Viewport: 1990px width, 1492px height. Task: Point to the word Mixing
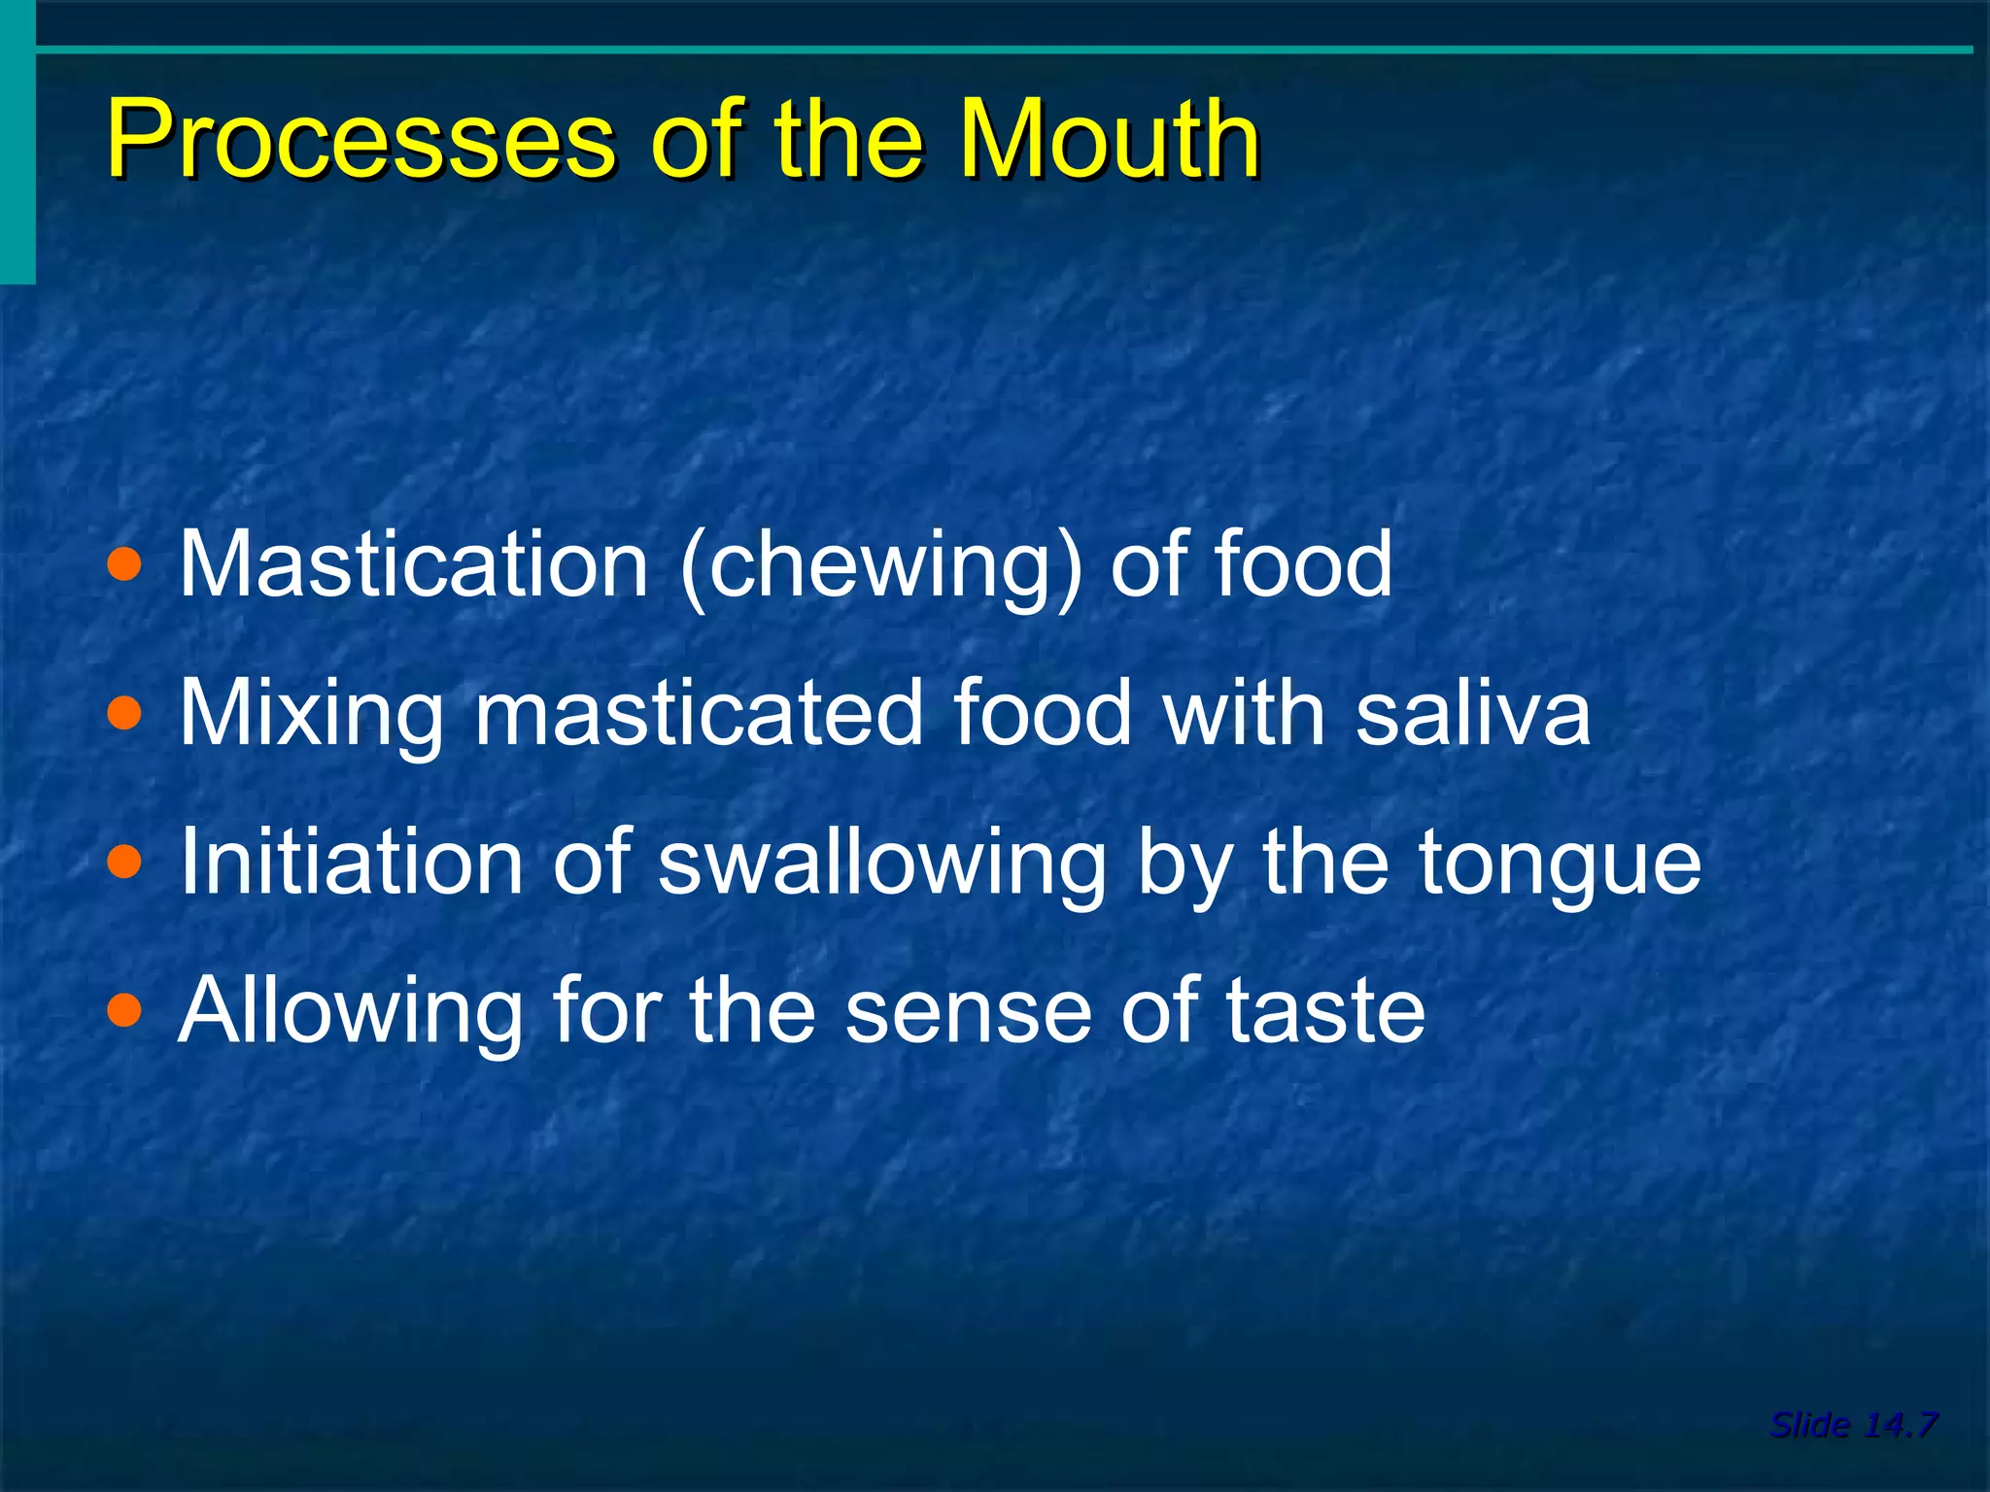311,716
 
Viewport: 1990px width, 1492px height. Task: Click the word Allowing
350,1013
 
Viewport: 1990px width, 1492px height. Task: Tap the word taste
1325,1013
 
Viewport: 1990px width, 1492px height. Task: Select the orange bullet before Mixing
124,715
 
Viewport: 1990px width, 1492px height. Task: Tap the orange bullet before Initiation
124,863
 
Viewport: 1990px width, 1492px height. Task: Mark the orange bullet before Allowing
124,1011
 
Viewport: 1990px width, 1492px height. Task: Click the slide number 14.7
1900,1425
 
